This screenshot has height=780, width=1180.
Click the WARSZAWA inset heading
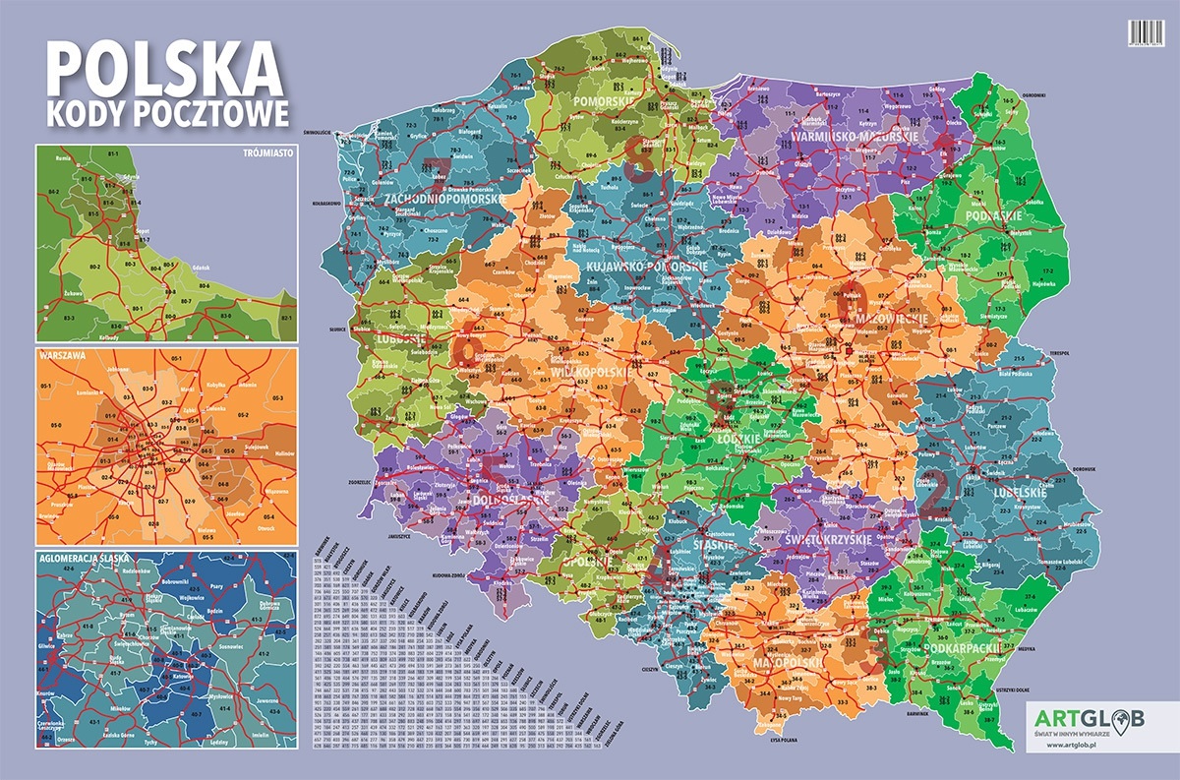point(59,356)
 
